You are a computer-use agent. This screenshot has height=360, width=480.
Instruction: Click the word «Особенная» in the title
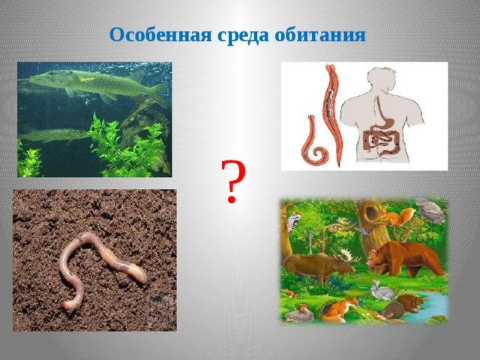[x=160, y=34]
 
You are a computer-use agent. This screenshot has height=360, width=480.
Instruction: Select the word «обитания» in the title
[x=320, y=35]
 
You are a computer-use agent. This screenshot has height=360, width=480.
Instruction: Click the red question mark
[x=233, y=181]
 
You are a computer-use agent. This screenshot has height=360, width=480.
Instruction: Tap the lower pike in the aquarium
[x=55, y=135]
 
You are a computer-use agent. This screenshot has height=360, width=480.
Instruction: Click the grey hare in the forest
[x=381, y=292]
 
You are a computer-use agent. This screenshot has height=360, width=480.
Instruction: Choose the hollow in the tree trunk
[x=372, y=211]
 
